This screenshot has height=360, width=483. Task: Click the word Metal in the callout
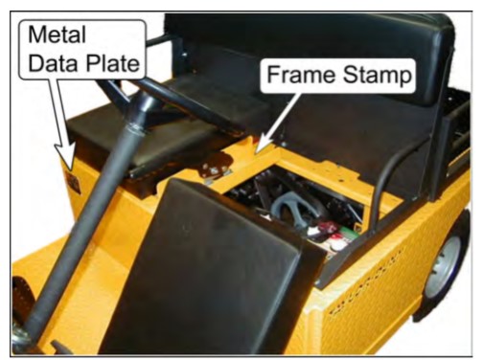point(57,34)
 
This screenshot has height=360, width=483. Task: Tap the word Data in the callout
point(53,63)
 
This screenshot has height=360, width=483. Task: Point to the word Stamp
point(377,76)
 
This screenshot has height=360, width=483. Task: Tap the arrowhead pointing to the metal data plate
point(66,156)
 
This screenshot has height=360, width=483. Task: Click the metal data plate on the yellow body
point(74,183)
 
